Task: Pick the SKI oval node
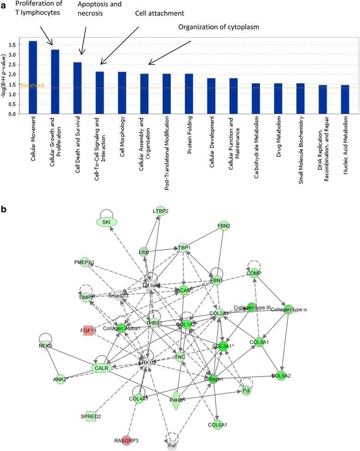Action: [x=106, y=222]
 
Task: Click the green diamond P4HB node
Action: [x=176, y=400]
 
